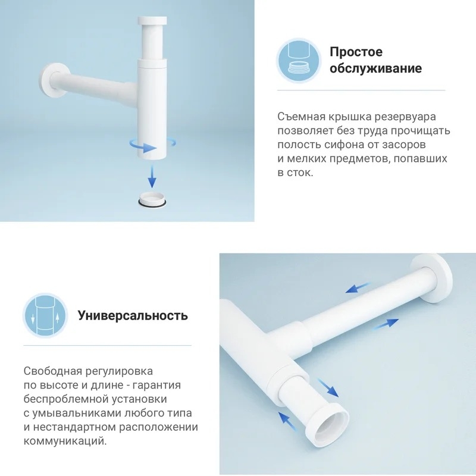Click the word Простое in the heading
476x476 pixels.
point(356,52)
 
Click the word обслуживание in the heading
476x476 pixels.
point(375,68)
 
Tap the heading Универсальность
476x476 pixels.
point(133,316)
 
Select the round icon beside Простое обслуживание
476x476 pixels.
point(299,61)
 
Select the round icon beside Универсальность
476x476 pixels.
point(45,316)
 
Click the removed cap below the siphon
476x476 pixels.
point(152,199)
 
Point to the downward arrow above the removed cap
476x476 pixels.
point(152,175)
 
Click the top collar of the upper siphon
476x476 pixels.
point(152,21)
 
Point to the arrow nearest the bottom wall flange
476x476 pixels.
point(358,288)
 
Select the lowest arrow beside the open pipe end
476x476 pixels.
point(286,421)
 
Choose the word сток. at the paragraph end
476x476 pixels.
point(300,173)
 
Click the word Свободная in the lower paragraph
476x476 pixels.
point(53,371)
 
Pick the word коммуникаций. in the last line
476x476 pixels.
point(65,441)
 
